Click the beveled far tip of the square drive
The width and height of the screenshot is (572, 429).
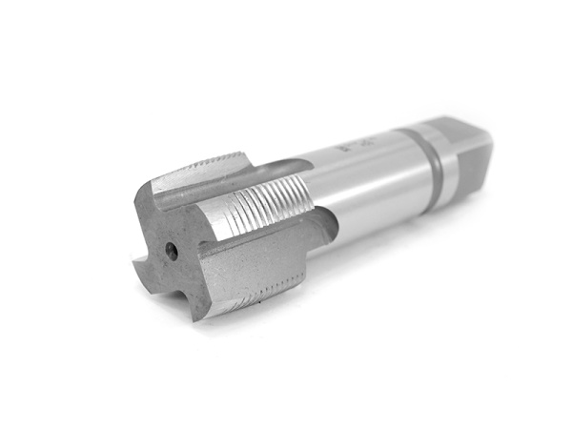[486, 143]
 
